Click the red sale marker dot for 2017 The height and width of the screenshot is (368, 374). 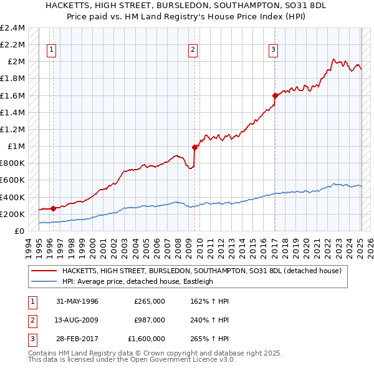pyautogui.click(x=274, y=95)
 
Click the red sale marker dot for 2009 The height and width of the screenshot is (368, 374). pyautogui.click(x=194, y=147)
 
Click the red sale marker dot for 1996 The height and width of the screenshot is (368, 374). pyautogui.click(x=53, y=208)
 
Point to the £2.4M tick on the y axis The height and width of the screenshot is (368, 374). pyautogui.click(x=12, y=28)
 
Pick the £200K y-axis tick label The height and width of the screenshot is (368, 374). pyautogui.click(x=12, y=214)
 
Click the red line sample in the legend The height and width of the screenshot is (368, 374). pyautogui.click(x=44, y=271)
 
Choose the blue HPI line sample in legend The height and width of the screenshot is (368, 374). pyautogui.click(x=44, y=281)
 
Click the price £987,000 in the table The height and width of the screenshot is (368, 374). pyautogui.click(x=150, y=320)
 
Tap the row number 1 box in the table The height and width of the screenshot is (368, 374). pyautogui.click(x=31, y=301)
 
